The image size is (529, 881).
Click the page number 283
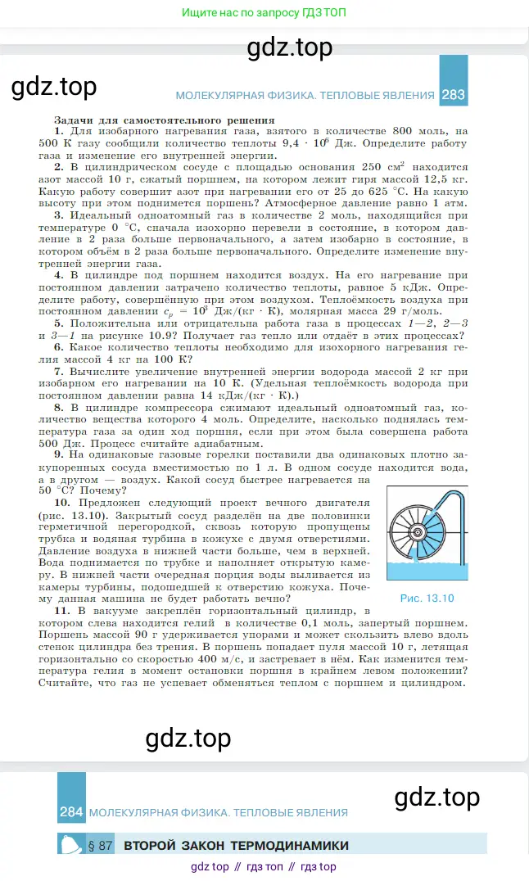pos(453,95)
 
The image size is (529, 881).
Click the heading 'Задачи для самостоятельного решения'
pos(136,119)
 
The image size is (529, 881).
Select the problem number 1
pos(58,131)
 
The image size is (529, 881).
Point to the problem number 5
pos(59,323)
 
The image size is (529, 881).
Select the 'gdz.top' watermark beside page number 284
pos(436,797)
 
